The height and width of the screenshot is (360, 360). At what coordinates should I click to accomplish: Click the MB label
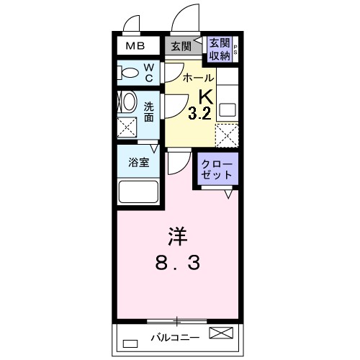pyautogui.click(x=135, y=47)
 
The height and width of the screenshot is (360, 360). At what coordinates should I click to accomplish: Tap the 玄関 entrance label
pyautogui.click(x=181, y=47)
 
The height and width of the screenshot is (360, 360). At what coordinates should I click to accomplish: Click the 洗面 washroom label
pyautogui.click(x=149, y=111)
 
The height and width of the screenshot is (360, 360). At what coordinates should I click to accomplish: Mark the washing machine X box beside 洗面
pyautogui.click(x=129, y=127)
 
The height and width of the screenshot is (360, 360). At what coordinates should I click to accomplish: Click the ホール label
pyautogui.click(x=197, y=78)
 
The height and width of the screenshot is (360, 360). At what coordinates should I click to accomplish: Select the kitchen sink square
pyautogui.click(x=227, y=110)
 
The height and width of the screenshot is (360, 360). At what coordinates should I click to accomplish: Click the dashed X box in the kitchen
pyautogui.click(x=227, y=135)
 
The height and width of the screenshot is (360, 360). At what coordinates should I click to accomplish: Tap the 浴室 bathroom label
pyautogui.click(x=139, y=163)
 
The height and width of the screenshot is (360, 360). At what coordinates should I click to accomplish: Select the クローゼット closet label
pyautogui.click(x=217, y=168)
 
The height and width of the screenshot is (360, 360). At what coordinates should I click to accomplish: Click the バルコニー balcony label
pyautogui.click(x=174, y=336)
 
